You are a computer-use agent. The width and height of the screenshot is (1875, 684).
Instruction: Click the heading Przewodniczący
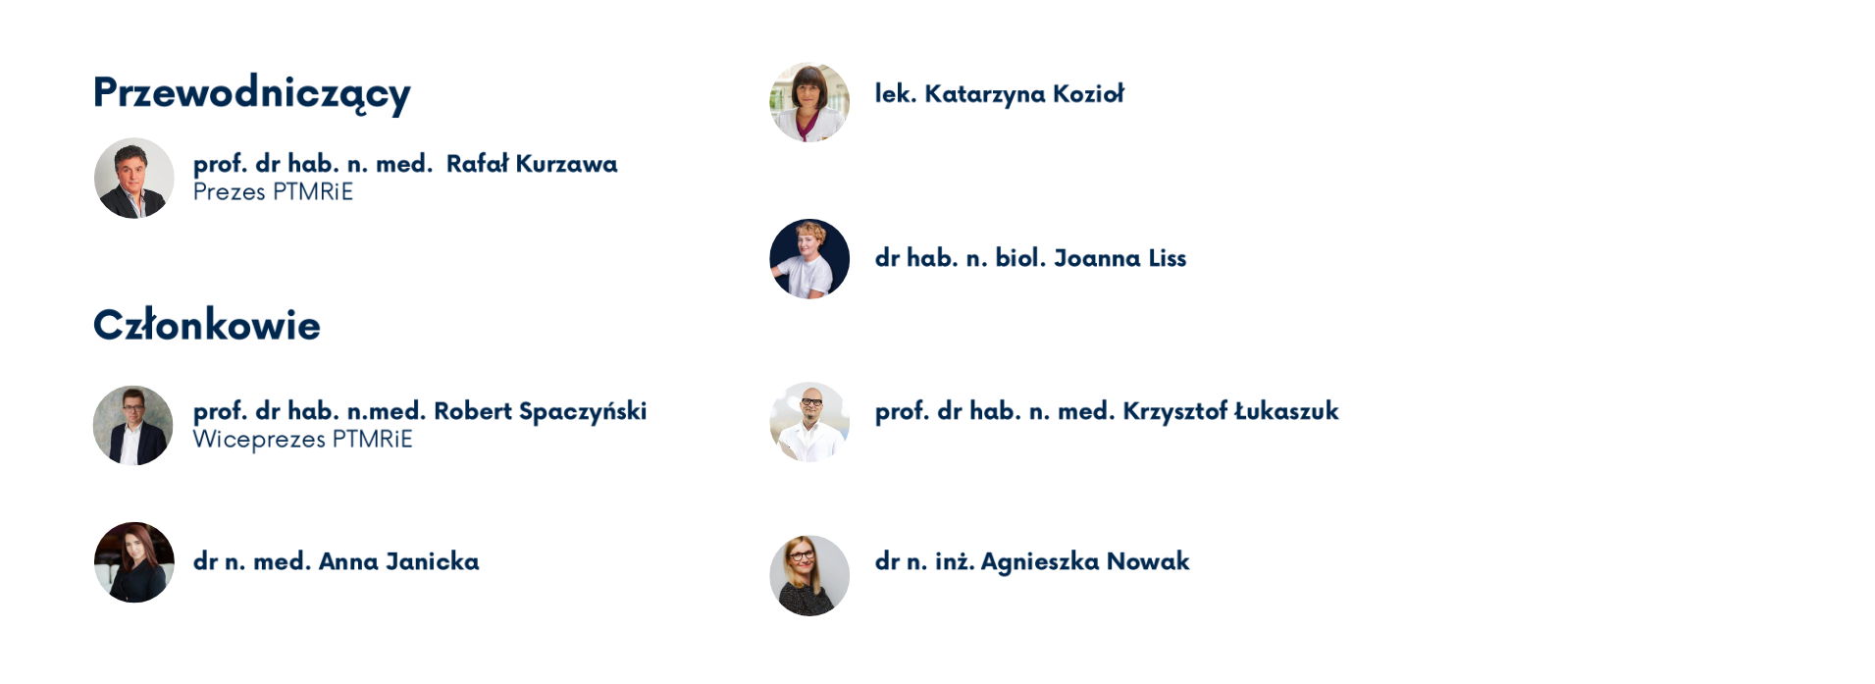point(251,94)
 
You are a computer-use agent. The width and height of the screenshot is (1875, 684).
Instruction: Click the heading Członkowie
point(207,325)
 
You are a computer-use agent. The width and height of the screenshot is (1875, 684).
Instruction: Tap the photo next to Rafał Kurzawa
point(134,178)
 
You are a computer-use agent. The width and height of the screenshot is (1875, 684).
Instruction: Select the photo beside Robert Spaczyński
point(133,425)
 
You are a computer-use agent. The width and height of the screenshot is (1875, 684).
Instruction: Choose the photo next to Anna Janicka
point(134,562)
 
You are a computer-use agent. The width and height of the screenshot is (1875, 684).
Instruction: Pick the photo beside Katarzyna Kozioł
point(809,102)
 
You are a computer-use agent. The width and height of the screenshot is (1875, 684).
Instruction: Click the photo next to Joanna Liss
point(809,259)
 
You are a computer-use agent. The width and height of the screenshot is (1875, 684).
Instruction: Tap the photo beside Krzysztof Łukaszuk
point(809,422)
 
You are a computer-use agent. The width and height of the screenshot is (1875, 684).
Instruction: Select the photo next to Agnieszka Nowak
point(809,576)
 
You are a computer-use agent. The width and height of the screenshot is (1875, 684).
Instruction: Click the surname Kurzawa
point(566,164)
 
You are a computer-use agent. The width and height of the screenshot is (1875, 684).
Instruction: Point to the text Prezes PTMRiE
point(273,192)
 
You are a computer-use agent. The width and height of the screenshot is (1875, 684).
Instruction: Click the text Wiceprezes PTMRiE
point(302,440)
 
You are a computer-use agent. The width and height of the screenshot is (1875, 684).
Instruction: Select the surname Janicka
point(432,561)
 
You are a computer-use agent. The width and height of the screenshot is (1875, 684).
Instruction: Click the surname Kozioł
point(1088,94)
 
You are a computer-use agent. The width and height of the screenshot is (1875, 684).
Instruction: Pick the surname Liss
point(1168,258)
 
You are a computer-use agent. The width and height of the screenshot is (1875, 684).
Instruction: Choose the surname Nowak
point(1148,561)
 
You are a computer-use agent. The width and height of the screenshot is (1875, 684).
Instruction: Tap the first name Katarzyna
point(985,95)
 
